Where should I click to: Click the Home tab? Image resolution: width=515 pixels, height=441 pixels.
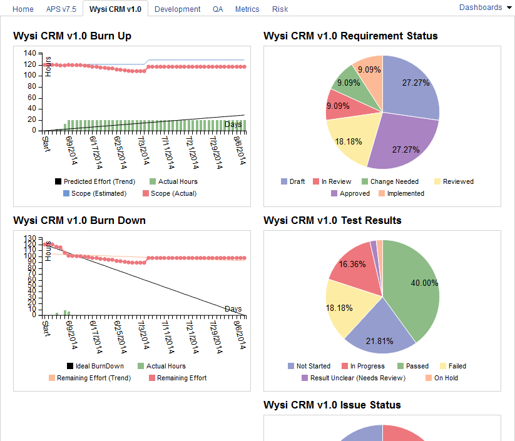[23, 9]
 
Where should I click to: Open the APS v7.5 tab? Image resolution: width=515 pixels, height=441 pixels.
[61, 9]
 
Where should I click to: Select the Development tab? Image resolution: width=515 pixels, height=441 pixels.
[177, 9]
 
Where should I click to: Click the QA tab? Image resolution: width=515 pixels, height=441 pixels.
[218, 9]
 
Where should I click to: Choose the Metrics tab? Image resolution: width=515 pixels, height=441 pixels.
[247, 9]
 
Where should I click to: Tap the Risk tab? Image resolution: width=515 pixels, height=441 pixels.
[280, 9]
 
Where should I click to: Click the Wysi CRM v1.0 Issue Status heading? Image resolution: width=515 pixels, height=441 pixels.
[332, 405]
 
